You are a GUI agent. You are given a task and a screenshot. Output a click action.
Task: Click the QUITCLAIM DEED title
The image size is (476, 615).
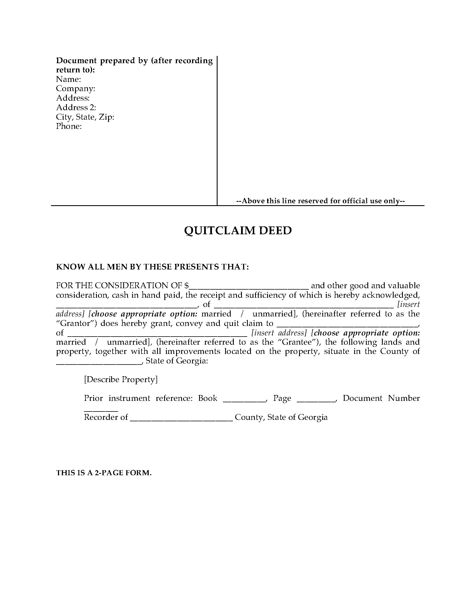pyautogui.click(x=238, y=231)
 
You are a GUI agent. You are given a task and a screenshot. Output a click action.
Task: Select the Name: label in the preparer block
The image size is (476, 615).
pyautogui.click(x=69, y=79)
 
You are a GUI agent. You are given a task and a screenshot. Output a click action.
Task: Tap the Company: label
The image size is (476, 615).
pyautogui.click(x=76, y=88)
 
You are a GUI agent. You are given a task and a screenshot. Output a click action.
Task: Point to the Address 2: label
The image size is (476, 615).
pyautogui.click(x=76, y=107)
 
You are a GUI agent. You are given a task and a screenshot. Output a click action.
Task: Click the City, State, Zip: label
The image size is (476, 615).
pyautogui.click(x=85, y=117)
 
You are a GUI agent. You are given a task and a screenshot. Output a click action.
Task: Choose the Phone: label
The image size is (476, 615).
pyautogui.click(x=69, y=126)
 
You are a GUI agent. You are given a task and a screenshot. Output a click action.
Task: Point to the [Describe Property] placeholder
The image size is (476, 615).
pyautogui.click(x=121, y=380)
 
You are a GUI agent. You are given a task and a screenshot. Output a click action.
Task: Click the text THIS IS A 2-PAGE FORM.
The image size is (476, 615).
pyautogui.click(x=104, y=473)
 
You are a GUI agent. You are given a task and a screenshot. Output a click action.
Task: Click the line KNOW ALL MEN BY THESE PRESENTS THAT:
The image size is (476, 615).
pyautogui.click(x=153, y=267)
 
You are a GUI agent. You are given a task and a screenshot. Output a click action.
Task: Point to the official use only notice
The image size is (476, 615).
pyautogui.click(x=321, y=201)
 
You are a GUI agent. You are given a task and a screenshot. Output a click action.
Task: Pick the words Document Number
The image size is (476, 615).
pyautogui.click(x=381, y=398)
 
